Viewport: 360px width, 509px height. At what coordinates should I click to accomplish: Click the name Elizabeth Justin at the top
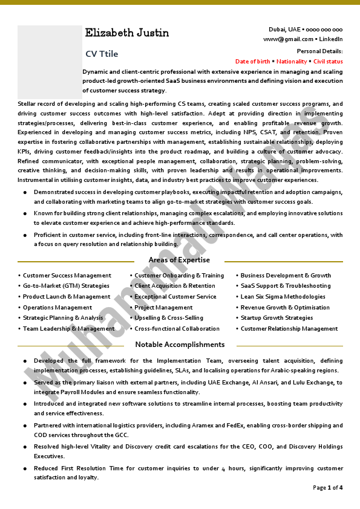(x=127, y=33)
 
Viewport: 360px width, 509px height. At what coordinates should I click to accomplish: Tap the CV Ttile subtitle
(x=102, y=54)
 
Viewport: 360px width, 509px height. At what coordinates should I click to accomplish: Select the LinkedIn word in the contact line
(x=331, y=39)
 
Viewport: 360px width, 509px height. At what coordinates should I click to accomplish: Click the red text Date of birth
(x=253, y=62)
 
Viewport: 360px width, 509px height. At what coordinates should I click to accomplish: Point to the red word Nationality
(x=292, y=62)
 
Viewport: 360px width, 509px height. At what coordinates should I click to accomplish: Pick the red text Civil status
(x=328, y=62)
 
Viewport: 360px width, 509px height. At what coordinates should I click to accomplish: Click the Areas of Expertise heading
(x=179, y=260)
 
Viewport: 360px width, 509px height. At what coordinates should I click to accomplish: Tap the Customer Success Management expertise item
(x=67, y=276)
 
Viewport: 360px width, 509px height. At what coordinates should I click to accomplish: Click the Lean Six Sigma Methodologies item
(x=283, y=297)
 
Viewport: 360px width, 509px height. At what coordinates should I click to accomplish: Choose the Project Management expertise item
(x=163, y=308)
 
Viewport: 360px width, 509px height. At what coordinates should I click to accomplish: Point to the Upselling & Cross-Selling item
(x=169, y=318)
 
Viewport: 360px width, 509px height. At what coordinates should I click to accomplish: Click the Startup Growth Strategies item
(x=277, y=318)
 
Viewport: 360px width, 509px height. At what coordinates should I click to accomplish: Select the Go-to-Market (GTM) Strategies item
(x=66, y=286)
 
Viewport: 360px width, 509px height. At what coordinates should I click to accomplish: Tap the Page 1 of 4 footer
(x=327, y=487)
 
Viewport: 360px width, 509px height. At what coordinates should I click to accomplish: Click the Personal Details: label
(x=320, y=51)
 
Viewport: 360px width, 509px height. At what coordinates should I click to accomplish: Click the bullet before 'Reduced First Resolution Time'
(x=25, y=469)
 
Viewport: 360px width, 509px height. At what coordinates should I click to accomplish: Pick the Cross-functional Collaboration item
(x=177, y=329)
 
